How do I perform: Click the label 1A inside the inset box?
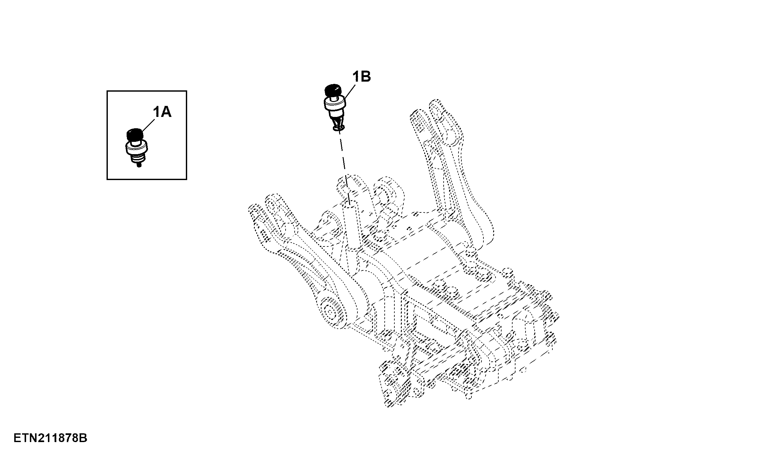pyautogui.click(x=162, y=112)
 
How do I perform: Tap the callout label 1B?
pyautogui.click(x=361, y=77)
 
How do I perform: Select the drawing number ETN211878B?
pyautogui.click(x=51, y=439)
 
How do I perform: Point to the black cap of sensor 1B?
pyautogui.click(x=333, y=90)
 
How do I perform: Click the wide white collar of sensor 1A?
pyautogui.click(x=136, y=149)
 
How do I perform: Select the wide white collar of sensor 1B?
pyautogui.click(x=335, y=104)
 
